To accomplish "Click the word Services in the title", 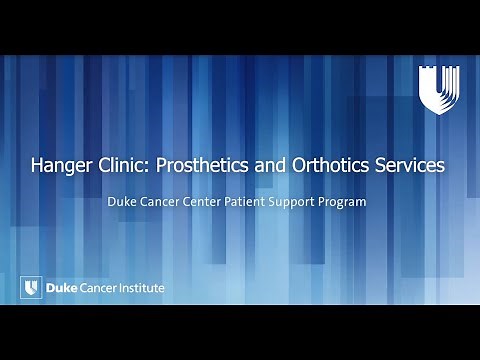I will pos(411,167).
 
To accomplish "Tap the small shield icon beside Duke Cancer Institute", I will pos(30,288).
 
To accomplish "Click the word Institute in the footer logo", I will pos(140,288).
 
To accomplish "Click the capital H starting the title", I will pos(39,167).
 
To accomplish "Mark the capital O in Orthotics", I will pos(304,167).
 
